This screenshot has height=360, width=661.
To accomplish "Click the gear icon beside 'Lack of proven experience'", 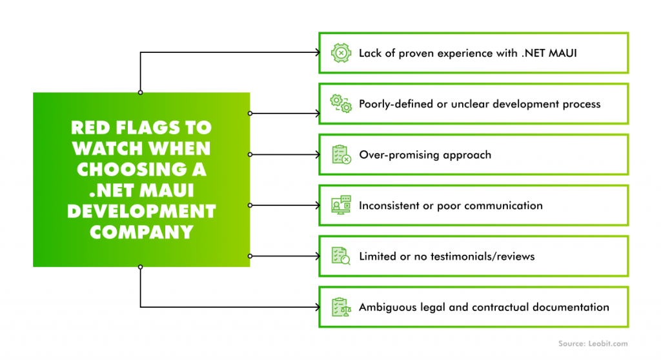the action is pos(341,53).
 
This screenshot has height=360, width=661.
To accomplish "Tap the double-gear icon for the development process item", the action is pos(341,104).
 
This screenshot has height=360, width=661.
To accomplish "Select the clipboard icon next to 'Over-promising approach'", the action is pos(341,155).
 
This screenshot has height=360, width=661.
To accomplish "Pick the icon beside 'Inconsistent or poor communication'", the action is pos(341,205).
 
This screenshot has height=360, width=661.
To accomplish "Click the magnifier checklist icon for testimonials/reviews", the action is pos(341,256).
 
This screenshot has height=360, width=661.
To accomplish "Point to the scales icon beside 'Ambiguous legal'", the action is pos(341,307).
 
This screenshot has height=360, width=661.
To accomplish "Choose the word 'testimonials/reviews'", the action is pos(482,256).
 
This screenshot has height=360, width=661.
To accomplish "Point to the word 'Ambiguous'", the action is pos(387,307).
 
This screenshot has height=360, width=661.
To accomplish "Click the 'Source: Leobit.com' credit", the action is pos(593,344).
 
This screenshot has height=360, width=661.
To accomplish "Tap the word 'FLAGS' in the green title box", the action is pos(147,128).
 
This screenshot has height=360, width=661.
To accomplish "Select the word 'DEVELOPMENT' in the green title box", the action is pos(141,211).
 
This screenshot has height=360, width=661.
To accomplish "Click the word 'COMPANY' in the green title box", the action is pos(141,232).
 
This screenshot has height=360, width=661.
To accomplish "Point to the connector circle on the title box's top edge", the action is pos(140,92).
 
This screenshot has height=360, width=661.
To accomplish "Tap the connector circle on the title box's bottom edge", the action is pos(140,267).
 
